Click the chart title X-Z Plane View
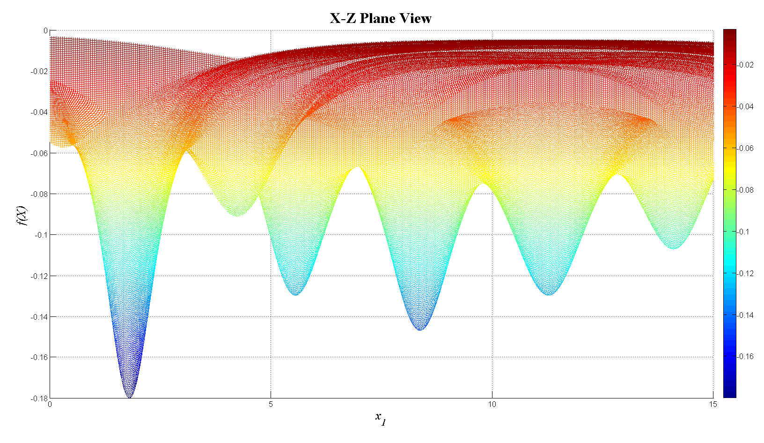[x=381, y=18]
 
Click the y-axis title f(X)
[x=22, y=215]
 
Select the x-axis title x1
[x=381, y=418]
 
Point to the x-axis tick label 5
[x=271, y=405]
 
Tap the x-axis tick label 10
[x=492, y=405]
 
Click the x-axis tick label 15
[x=713, y=405]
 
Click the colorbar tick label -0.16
[x=746, y=357]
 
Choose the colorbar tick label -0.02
[x=746, y=65]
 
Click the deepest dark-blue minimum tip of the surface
[x=129, y=397]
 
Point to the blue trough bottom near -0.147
[x=420, y=330]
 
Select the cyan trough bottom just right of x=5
[x=295, y=294]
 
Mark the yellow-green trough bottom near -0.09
[x=237, y=216]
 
